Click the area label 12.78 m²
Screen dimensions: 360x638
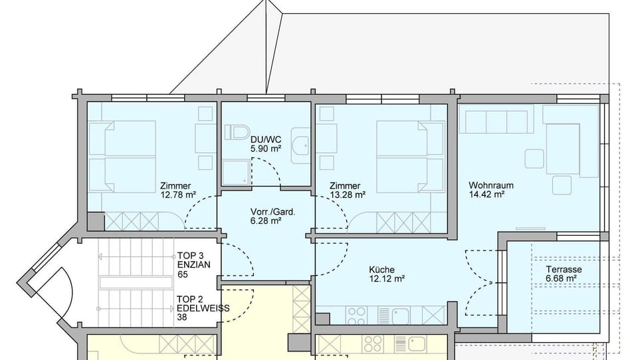(x=177, y=195)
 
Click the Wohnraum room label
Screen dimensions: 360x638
(x=491, y=185)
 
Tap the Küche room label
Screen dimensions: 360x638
(x=382, y=270)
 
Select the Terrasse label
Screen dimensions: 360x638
(x=564, y=270)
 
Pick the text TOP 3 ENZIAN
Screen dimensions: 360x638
(x=194, y=260)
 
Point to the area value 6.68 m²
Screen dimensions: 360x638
(x=562, y=279)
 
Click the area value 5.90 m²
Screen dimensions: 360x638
(x=265, y=149)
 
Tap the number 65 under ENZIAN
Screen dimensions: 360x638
(x=183, y=274)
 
